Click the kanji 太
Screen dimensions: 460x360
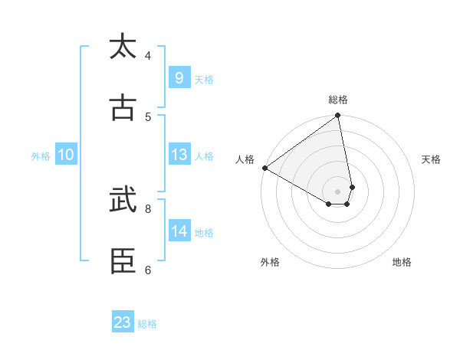(x=123, y=47)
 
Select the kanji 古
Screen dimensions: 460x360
(x=123, y=108)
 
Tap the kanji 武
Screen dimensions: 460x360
(x=123, y=200)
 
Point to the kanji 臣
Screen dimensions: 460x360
(x=123, y=261)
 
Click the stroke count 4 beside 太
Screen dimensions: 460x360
(x=148, y=55)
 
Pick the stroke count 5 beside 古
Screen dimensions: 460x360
(x=148, y=116)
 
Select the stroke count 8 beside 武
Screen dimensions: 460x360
(x=148, y=208)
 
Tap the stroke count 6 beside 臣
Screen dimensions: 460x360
(x=148, y=270)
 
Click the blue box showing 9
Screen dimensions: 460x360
(x=179, y=77)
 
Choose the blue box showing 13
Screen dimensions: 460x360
(x=179, y=155)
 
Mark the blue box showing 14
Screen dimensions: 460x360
(x=179, y=231)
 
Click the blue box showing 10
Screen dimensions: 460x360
(x=65, y=155)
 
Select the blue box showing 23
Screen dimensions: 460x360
(x=123, y=322)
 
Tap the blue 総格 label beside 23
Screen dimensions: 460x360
(x=148, y=324)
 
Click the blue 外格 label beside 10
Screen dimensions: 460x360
(x=41, y=155)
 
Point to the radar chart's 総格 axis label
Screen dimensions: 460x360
(x=338, y=100)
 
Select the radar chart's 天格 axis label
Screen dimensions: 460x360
(x=431, y=159)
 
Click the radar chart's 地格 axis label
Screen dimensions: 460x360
(x=402, y=262)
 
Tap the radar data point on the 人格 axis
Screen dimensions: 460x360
(x=264, y=168)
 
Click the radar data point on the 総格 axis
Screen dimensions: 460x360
(x=338, y=116)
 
